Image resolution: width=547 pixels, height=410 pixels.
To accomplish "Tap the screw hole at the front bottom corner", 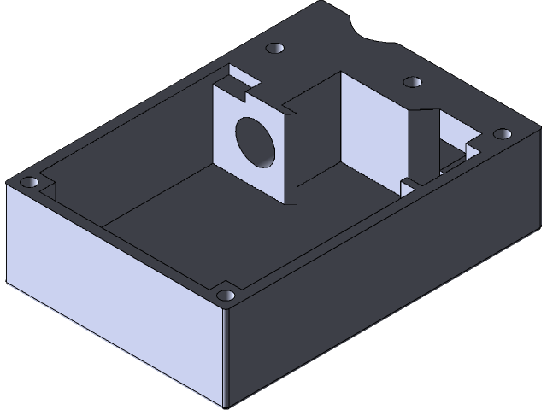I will point(226,296).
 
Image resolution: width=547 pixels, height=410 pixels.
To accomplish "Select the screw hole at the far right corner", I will point(502,133).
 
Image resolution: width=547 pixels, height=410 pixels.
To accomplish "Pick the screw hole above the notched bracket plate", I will point(274,49).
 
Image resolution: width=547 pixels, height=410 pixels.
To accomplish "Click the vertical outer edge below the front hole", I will point(227,359).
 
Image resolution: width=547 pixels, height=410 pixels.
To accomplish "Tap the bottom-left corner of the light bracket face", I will point(215,166).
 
